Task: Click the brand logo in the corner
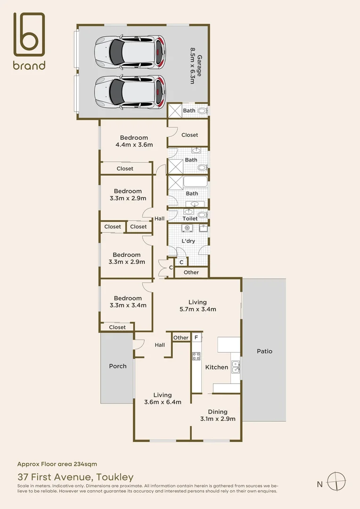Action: coord(29,41)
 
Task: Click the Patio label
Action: coord(264,351)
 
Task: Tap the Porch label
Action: coord(117,366)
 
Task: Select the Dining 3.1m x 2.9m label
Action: coord(217,415)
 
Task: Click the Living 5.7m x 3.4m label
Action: coord(197,306)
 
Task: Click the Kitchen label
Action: coord(217,367)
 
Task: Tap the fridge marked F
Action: coord(196,337)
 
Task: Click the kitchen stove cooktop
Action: coord(196,356)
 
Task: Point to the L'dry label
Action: coord(188,241)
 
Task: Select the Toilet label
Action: coord(190,219)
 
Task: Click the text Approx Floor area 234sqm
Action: coord(57,464)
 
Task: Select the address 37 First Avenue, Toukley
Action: coord(75,477)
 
